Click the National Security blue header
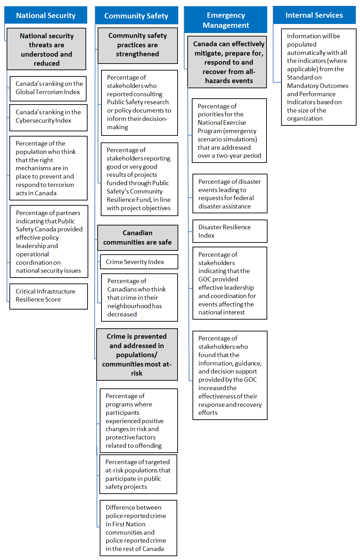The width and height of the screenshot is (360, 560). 46,15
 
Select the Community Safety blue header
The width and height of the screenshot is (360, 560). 136,16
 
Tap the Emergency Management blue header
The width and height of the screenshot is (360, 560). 226,20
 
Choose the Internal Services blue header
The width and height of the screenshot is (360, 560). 314,15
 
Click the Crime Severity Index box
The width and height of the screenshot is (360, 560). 139,262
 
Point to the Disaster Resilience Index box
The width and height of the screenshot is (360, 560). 230,231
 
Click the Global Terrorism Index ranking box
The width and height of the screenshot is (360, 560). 48,88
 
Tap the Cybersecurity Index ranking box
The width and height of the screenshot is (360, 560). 48,116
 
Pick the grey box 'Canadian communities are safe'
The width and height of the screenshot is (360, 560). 138,238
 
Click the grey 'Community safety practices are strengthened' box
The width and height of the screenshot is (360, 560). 138,45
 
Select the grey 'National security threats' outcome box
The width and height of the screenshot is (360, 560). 47,49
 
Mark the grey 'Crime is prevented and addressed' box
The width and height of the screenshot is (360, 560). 137,354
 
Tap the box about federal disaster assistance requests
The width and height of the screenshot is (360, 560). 230,193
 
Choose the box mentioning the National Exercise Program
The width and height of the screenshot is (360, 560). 229,131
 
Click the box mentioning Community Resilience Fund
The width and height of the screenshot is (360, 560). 139,179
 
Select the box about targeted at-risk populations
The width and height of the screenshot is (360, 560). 138,474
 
